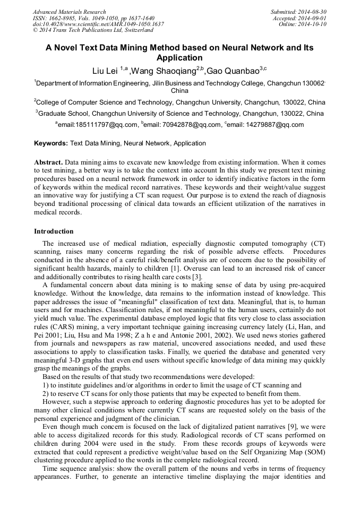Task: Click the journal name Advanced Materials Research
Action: tap(69, 12)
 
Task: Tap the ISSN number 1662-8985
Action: tap(62, 18)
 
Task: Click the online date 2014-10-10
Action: tap(313, 24)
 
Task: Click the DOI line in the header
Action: tap(98, 24)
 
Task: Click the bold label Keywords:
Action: tap(50, 143)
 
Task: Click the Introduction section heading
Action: tap(54, 231)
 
